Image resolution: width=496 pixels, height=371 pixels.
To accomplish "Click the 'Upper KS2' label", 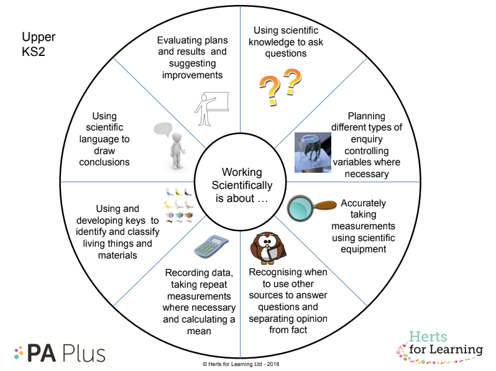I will [x=38, y=44].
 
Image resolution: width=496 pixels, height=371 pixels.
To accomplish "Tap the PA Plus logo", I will [x=60, y=352].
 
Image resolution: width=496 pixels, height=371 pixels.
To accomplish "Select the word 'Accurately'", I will [x=364, y=203].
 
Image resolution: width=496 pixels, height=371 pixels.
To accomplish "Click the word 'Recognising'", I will [x=275, y=272].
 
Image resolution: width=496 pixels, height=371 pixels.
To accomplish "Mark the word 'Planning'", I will [x=366, y=116].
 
